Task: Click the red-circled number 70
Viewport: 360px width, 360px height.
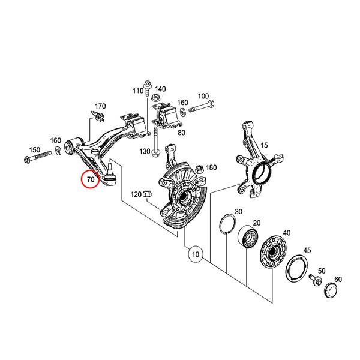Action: pyautogui.click(x=91, y=179)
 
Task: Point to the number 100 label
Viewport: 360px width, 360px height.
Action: pyautogui.click(x=203, y=97)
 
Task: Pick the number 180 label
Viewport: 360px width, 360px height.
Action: pyautogui.click(x=211, y=167)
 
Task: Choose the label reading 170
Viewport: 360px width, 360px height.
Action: pyautogui.click(x=100, y=106)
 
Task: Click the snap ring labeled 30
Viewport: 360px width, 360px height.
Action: pyautogui.click(x=226, y=223)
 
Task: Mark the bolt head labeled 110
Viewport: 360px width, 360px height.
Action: pyautogui.click(x=147, y=84)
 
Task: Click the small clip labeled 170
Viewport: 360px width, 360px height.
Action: pyautogui.click(x=96, y=115)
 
